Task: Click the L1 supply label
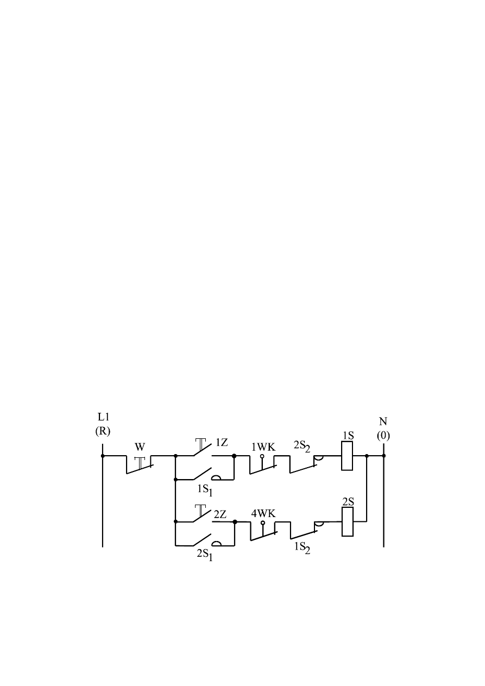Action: pos(103,417)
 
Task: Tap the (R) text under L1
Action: pos(103,432)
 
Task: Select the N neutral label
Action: pos(383,421)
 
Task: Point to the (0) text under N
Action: pos(383,436)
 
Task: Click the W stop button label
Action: pos(140,447)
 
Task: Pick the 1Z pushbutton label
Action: pos(221,443)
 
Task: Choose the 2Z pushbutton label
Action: pos(220,514)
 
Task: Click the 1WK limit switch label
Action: pos(263,447)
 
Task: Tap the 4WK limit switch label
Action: pos(263,513)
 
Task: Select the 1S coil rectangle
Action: pos(348,456)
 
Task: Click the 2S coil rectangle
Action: pos(348,521)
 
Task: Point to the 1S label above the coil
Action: pos(348,436)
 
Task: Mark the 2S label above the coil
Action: pos(348,502)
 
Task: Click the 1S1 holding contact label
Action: pos(205,490)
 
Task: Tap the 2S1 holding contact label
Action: pos(205,556)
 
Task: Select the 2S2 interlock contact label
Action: pos(302,446)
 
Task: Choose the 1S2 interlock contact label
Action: pos(302,548)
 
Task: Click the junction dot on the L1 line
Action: pos(103,456)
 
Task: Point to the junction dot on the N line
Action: pos(383,456)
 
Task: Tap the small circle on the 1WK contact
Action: pos(262,457)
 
